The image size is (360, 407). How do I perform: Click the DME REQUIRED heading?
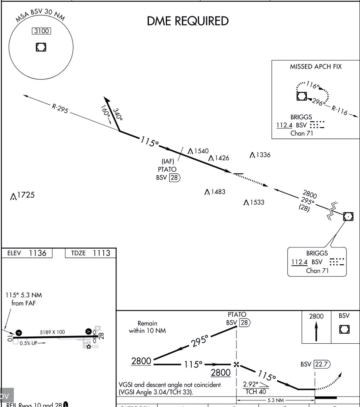coord(188,21)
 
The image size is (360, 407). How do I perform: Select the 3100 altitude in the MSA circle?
coord(41,31)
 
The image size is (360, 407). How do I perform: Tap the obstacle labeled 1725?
coord(23,195)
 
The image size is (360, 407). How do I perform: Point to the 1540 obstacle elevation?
coord(199,151)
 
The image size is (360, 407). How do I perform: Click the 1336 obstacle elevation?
coord(260,155)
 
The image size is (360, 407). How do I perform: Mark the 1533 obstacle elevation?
coord(254,202)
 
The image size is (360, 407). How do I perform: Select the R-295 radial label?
coord(60,109)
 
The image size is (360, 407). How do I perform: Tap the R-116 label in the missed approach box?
coord(339,110)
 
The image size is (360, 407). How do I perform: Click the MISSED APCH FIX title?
coord(315,67)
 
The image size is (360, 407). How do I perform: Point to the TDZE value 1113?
coord(101,253)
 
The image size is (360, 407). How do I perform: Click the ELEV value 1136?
coord(38,253)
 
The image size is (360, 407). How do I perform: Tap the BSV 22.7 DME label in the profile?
coord(315,364)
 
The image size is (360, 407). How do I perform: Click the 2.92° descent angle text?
coord(251,384)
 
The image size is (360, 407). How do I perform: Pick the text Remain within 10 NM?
coord(147,327)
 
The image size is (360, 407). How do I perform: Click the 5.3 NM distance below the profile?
coord(276,400)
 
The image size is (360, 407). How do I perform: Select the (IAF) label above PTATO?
coord(168,162)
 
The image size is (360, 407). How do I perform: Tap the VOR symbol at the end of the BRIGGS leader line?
coord(348,216)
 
